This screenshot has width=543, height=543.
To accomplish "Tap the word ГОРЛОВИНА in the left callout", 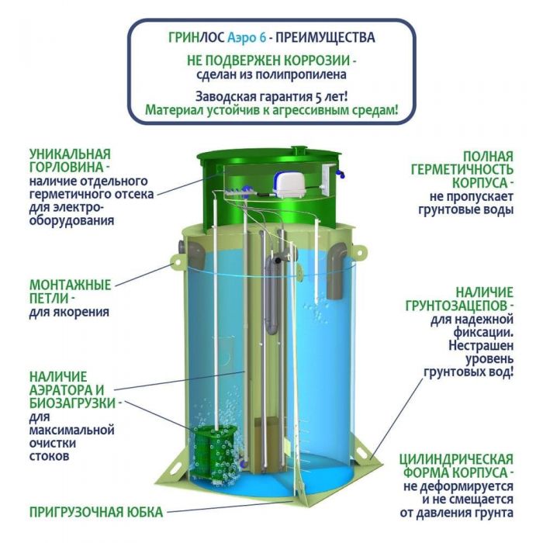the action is tap(67, 168).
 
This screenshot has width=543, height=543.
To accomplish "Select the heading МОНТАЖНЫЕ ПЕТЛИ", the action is tap(70, 291).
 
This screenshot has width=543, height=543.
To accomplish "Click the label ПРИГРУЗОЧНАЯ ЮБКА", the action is tap(96, 512).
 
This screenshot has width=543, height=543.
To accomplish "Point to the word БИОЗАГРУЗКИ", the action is tap(72, 403).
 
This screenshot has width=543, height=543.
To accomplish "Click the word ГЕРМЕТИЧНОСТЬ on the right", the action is tap(462, 170).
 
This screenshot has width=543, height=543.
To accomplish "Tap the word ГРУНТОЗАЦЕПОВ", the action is tap(456, 306).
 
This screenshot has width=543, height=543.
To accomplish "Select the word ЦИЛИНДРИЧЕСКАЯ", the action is tap(456, 459).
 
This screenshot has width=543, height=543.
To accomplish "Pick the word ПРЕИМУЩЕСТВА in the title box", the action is tap(325, 37).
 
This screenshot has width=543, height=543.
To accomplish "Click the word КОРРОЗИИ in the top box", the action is tap(316, 61).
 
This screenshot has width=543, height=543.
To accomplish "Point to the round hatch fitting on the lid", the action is tap(299, 151).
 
